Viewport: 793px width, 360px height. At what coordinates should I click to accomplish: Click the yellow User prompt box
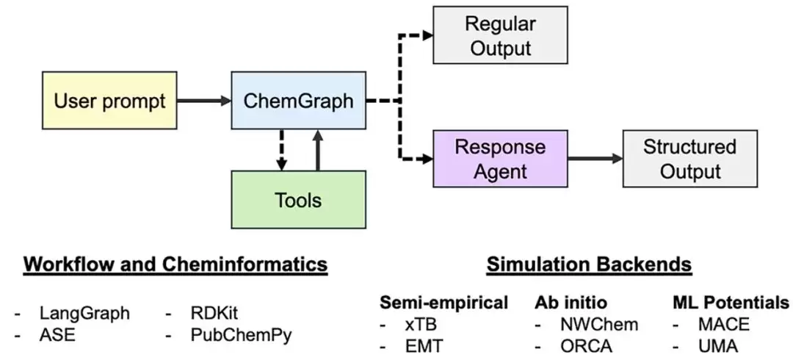(109, 100)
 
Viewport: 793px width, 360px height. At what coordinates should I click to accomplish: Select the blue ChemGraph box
(298, 100)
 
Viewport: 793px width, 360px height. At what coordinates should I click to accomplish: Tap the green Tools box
(298, 200)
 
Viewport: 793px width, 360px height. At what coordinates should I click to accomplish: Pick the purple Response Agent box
(500, 159)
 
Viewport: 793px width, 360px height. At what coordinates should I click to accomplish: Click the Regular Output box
(500, 35)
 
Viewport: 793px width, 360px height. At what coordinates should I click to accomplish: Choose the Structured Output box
(689, 159)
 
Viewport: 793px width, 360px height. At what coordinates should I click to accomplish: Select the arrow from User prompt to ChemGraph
(204, 101)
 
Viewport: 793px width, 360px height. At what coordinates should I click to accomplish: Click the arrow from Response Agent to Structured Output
(595, 159)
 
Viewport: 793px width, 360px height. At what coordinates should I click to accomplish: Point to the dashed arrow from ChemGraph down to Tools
(282, 150)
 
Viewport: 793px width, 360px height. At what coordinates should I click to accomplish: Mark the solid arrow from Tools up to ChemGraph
(318, 150)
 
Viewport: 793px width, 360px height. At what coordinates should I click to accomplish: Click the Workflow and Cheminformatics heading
(175, 264)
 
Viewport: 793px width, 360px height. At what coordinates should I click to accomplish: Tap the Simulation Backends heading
(589, 264)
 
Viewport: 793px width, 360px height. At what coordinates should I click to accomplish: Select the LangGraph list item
(84, 314)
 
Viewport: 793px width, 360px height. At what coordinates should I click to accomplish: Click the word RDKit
(214, 314)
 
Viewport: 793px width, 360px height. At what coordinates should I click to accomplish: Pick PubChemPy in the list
(242, 335)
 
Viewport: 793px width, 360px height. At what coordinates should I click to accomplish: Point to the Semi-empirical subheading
(444, 302)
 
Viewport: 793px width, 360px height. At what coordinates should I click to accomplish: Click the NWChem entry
(599, 324)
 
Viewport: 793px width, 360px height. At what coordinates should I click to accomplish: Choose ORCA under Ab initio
(586, 346)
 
